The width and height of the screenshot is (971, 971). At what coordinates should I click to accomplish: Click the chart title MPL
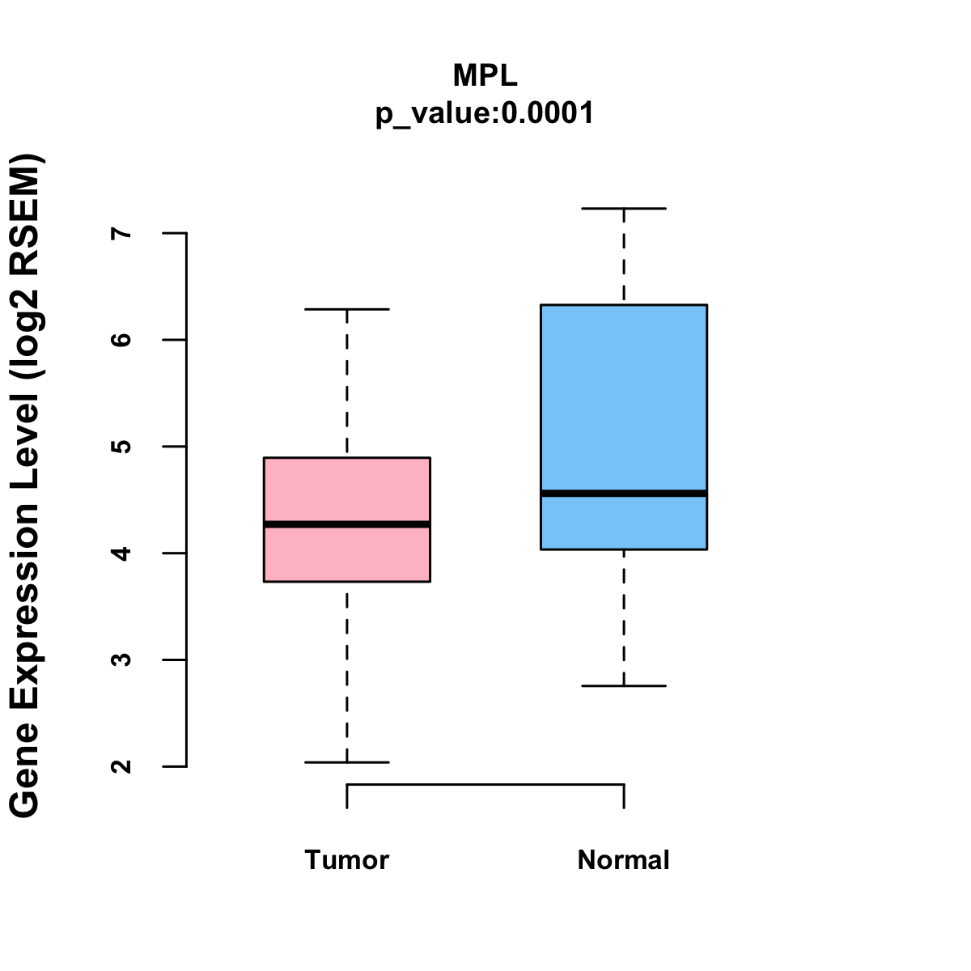click(x=485, y=76)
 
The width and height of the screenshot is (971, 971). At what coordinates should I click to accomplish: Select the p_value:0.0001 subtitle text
click(x=485, y=113)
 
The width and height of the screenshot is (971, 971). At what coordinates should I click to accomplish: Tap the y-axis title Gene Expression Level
click(x=26, y=485)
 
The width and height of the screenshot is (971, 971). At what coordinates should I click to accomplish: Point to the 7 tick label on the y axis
click(x=123, y=233)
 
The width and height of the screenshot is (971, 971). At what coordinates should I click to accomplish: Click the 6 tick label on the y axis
click(x=123, y=340)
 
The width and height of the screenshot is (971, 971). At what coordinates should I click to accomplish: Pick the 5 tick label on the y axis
click(x=123, y=447)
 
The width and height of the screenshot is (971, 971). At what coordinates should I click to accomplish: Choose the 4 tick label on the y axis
click(x=123, y=553)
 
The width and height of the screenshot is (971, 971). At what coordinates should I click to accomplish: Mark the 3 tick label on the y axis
click(x=123, y=659)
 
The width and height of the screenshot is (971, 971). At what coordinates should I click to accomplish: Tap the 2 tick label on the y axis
click(x=123, y=766)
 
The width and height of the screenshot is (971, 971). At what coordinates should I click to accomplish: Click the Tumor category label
click(x=347, y=860)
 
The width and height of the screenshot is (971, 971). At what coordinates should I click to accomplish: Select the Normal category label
click(x=624, y=860)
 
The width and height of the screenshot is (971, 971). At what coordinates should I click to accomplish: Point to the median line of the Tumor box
click(x=347, y=524)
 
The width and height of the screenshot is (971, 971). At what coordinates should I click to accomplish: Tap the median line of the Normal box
click(x=624, y=493)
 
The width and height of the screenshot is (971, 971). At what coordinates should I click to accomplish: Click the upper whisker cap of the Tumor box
click(x=347, y=309)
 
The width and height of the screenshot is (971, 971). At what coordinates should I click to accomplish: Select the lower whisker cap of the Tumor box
click(x=347, y=762)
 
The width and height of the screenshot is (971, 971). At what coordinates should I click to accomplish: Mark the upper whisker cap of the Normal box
click(x=624, y=209)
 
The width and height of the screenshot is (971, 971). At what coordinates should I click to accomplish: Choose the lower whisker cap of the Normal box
click(x=624, y=685)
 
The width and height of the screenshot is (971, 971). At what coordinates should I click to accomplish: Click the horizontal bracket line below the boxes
click(x=485, y=784)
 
